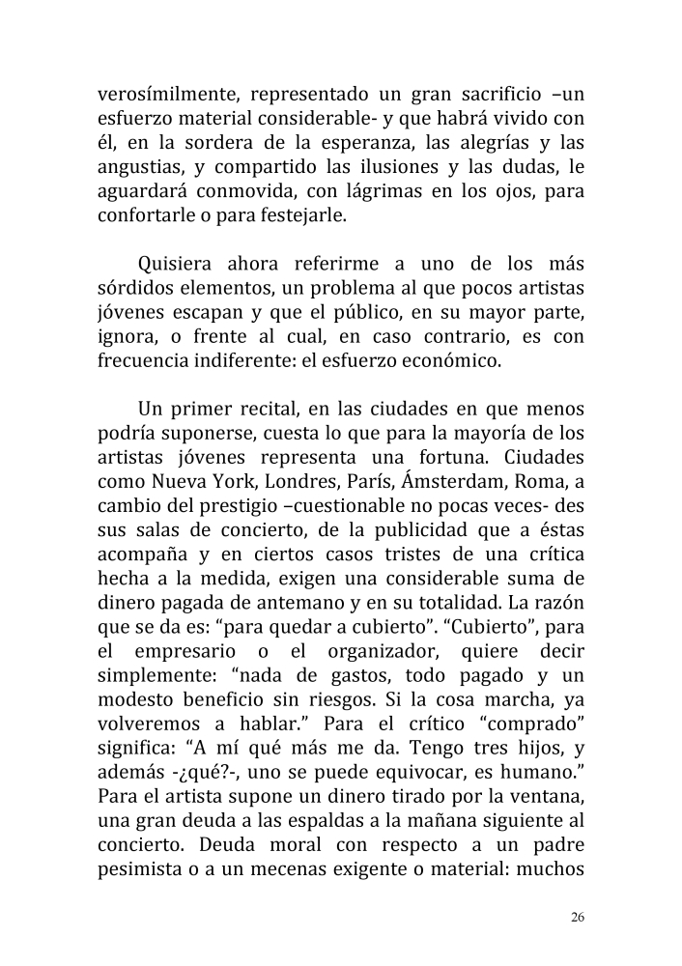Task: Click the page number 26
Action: click(577, 917)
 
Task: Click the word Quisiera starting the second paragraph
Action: click(175, 264)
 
